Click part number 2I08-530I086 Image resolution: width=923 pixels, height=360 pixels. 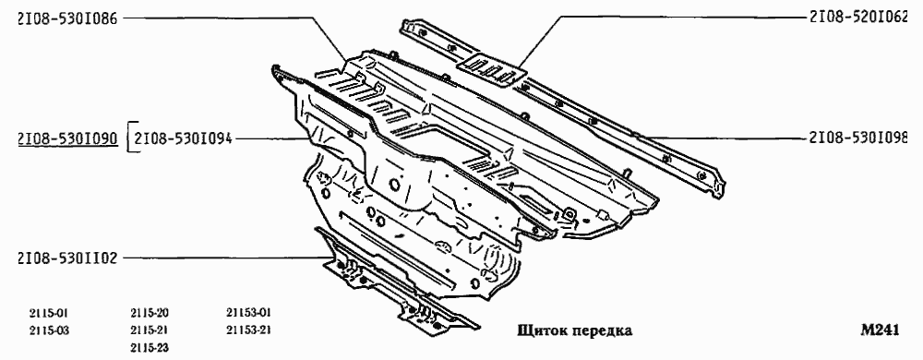click(x=67, y=18)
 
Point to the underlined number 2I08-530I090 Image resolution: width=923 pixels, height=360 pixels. click(x=67, y=139)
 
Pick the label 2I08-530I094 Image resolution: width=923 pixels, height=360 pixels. click(x=184, y=139)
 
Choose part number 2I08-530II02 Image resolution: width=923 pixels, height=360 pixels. click(x=67, y=259)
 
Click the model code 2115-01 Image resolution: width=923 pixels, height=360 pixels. click(x=48, y=313)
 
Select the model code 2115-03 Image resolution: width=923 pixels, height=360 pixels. click(x=48, y=330)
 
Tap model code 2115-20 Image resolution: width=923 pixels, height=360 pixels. click(x=150, y=313)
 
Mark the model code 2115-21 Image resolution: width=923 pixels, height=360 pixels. click(x=150, y=330)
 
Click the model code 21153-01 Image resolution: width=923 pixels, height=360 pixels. click(x=249, y=313)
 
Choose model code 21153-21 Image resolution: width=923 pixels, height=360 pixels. click(x=249, y=330)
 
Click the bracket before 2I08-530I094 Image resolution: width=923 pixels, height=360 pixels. click(x=128, y=139)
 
